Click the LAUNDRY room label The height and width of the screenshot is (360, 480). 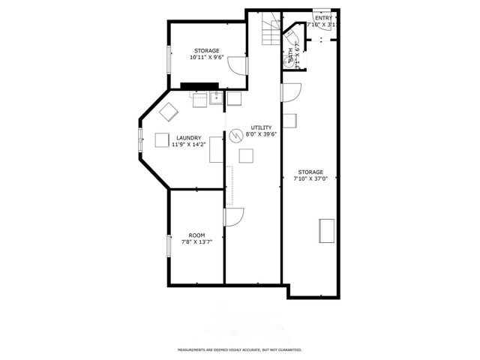tap(188, 138)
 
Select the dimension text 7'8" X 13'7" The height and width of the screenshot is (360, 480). tap(196, 242)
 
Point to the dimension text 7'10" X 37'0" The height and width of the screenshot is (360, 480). tap(310, 178)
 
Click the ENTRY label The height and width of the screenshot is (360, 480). tap(323, 18)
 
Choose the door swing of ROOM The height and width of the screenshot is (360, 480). tap(233, 217)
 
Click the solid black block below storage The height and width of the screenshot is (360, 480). tap(198, 85)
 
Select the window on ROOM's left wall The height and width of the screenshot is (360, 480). tap(168, 246)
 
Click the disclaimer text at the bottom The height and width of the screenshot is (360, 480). tap(239, 349)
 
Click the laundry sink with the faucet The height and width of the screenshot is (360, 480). tap(215, 97)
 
